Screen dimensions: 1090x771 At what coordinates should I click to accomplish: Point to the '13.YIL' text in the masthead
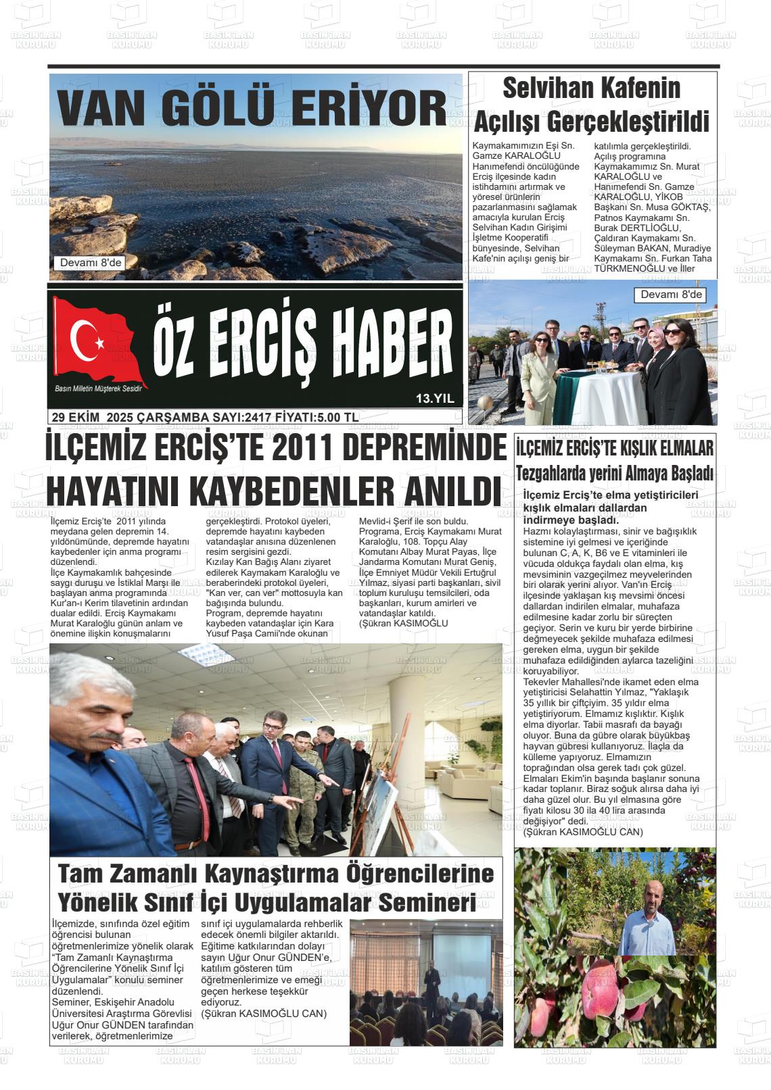tap(435, 399)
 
